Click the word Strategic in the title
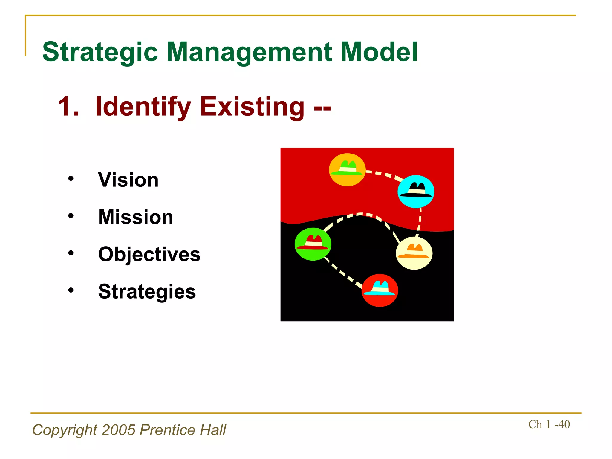coord(100,52)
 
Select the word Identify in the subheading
coord(143,107)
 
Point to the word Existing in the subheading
coord(253,106)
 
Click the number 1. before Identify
coord(69,107)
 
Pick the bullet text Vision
coord(128,180)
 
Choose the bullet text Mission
coord(136,217)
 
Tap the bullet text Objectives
coord(149,254)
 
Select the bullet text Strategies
coord(147,291)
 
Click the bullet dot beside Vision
coord(71,179)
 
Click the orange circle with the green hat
coord(347,170)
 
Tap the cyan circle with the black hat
coord(416,192)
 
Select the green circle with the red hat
coord(313,244)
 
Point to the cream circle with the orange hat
coord(414,253)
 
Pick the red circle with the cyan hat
coord(380,290)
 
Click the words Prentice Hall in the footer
coord(183,430)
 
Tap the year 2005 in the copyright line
coord(119,430)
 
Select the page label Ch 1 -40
coord(549,424)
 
